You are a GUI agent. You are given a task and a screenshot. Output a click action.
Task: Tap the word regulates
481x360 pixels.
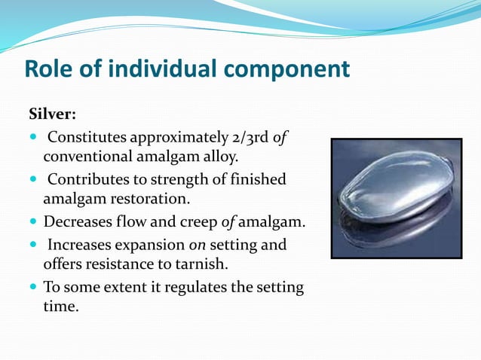coord(209,287)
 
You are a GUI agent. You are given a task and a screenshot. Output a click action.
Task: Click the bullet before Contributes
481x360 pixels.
coord(32,180)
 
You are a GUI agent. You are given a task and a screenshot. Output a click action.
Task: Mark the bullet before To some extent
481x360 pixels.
coord(32,287)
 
